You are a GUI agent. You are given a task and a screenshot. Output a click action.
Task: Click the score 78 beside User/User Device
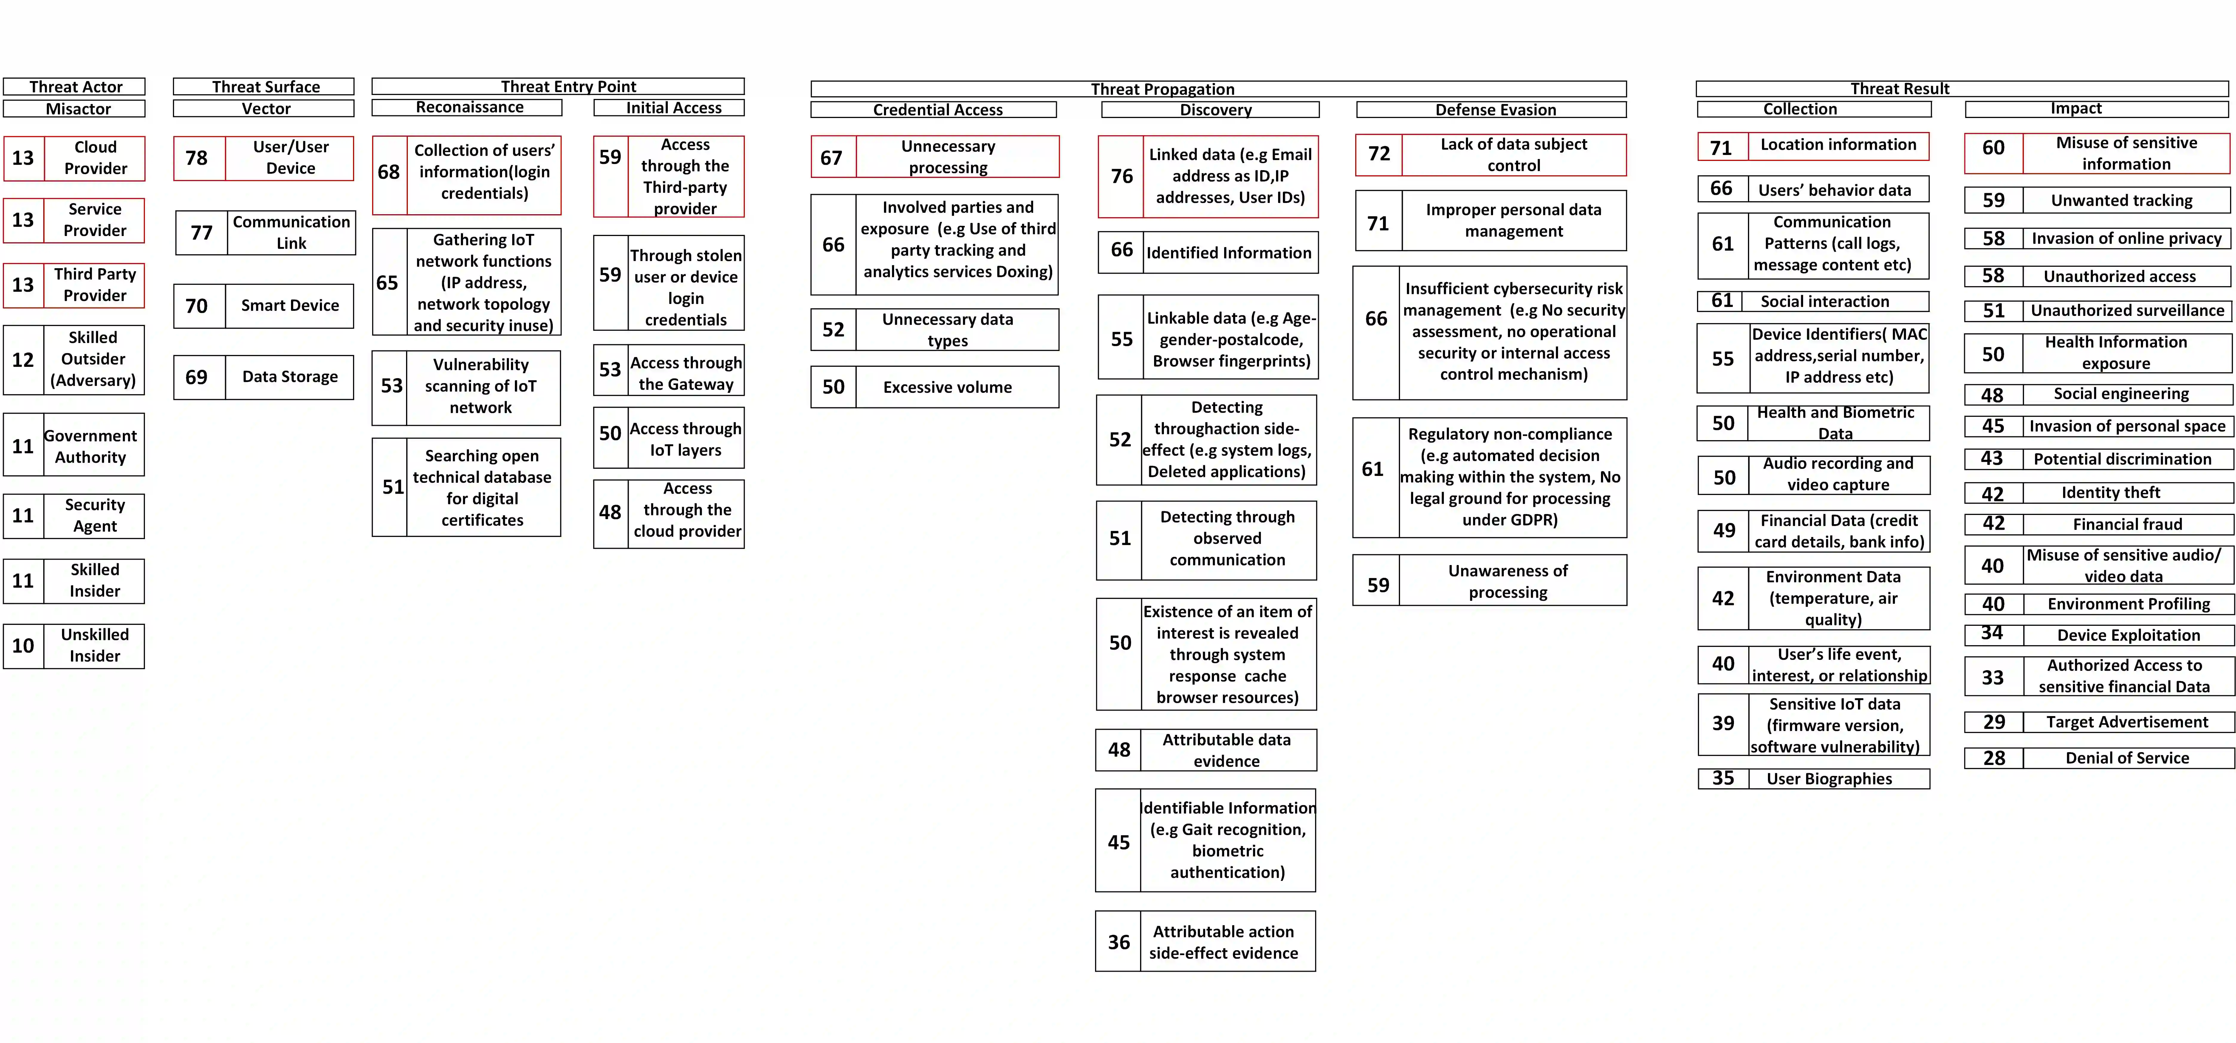tap(197, 158)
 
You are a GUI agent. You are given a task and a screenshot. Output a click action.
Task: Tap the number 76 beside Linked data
tap(1122, 176)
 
